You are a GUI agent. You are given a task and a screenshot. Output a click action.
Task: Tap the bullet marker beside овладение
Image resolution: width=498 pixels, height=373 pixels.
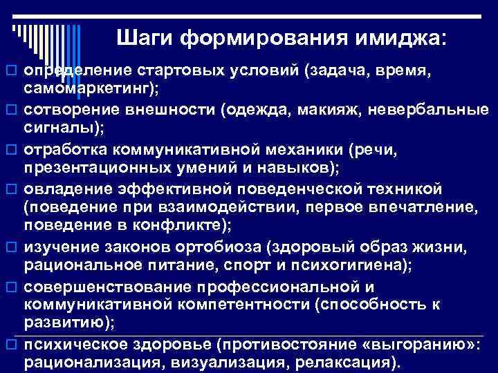click(x=10, y=188)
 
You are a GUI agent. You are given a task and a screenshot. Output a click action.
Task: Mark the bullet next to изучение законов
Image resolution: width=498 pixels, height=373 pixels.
click(x=10, y=246)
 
